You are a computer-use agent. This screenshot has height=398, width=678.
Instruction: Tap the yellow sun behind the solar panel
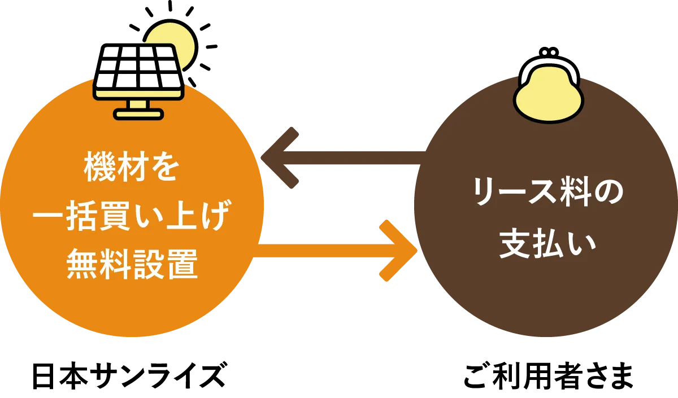(181, 42)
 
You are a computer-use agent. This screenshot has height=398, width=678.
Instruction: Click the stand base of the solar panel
(138, 113)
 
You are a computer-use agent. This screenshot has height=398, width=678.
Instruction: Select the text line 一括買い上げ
(132, 216)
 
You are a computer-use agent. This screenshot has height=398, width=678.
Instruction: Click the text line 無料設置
(132, 264)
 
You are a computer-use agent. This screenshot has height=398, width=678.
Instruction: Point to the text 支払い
(547, 243)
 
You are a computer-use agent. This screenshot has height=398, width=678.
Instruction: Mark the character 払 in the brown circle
(547, 243)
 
